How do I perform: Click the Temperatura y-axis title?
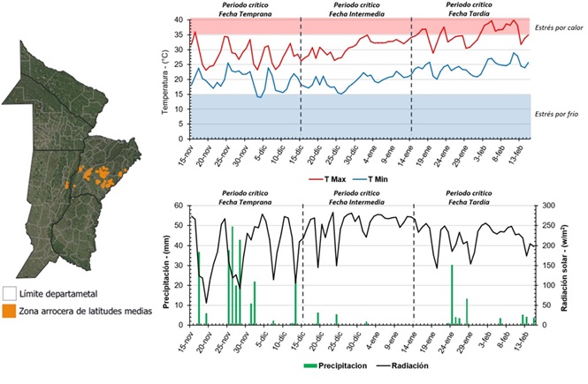[165, 79]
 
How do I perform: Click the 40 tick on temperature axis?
[179, 20]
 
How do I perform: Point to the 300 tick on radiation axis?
[547, 206]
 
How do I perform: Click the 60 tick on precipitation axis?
[179, 206]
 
